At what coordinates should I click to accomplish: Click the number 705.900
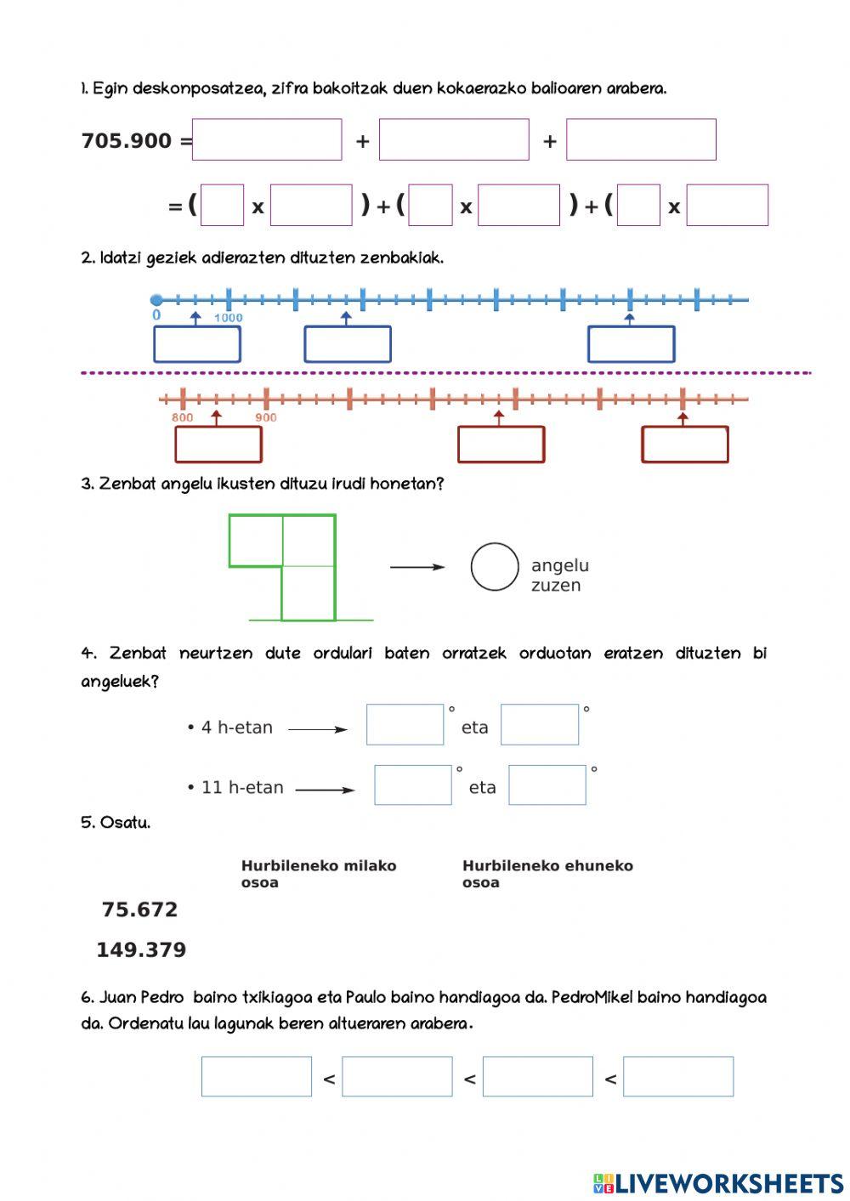(127, 141)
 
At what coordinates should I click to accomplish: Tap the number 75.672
(139, 909)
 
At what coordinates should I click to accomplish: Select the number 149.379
(141, 949)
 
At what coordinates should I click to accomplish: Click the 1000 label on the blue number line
(228, 318)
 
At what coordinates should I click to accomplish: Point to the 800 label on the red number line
(182, 417)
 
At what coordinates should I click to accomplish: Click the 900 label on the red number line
(266, 417)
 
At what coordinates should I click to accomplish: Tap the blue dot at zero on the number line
(156, 300)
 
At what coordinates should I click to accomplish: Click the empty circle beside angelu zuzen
(495, 567)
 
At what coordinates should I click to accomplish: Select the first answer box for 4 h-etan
(405, 725)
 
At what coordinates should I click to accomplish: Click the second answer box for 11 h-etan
(547, 785)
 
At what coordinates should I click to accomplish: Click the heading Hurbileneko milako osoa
(319, 874)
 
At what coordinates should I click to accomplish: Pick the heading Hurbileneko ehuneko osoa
(547, 874)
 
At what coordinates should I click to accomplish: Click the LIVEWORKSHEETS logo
(718, 1182)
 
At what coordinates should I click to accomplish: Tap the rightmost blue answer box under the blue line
(631, 344)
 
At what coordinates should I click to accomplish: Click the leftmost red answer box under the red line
(218, 445)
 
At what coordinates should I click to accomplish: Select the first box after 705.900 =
(267, 140)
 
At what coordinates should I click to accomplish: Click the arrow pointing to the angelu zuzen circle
(416, 567)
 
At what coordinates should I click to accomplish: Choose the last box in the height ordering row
(678, 1077)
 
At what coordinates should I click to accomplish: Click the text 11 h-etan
(242, 787)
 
